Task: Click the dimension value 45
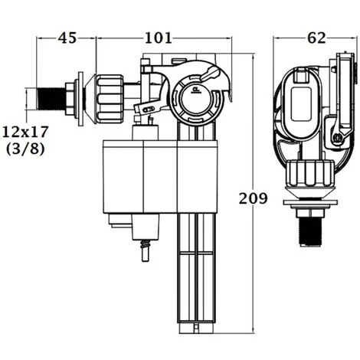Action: click(x=67, y=38)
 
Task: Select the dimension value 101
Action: click(x=159, y=38)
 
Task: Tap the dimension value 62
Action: click(x=316, y=38)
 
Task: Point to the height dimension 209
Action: click(x=253, y=198)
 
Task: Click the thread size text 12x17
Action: click(x=25, y=132)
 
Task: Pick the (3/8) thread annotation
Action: click(x=25, y=149)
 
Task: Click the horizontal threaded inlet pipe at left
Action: click(x=51, y=99)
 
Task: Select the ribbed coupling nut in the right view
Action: click(x=310, y=173)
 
